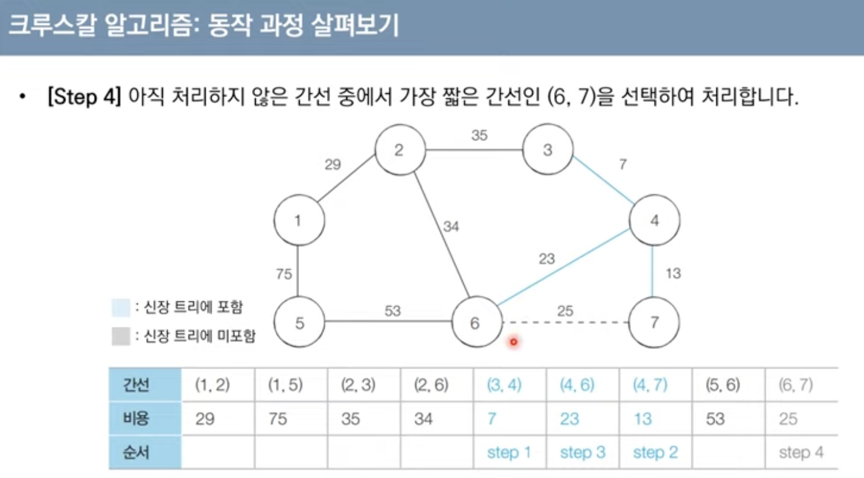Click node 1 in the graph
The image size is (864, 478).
pyautogui.click(x=298, y=220)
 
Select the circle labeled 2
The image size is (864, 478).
pyautogui.click(x=399, y=150)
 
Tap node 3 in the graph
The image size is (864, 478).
pyautogui.click(x=548, y=149)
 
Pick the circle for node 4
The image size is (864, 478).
pyautogui.click(x=654, y=221)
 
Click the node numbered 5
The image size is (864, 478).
pyautogui.click(x=299, y=322)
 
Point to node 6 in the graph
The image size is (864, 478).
pyautogui.click(x=475, y=322)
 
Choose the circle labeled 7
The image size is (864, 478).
pyautogui.click(x=654, y=322)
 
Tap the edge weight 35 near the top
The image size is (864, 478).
pyautogui.click(x=479, y=136)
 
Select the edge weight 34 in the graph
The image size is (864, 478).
pyautogui.click(x=451, y=227)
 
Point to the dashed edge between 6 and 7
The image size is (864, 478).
pyautogui.click(x=564, y=322)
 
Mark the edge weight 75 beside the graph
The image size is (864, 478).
pyautogui.click(x=284, y=274)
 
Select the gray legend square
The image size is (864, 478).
pyautogui.click(x=121, y=336)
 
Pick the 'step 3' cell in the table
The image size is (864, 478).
pyautogui.click(x=582, y=452)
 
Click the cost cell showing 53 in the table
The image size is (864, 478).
pyautogui.click(x=715, y=419)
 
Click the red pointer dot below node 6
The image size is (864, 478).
pyautogui.click(x=513, y=342)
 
